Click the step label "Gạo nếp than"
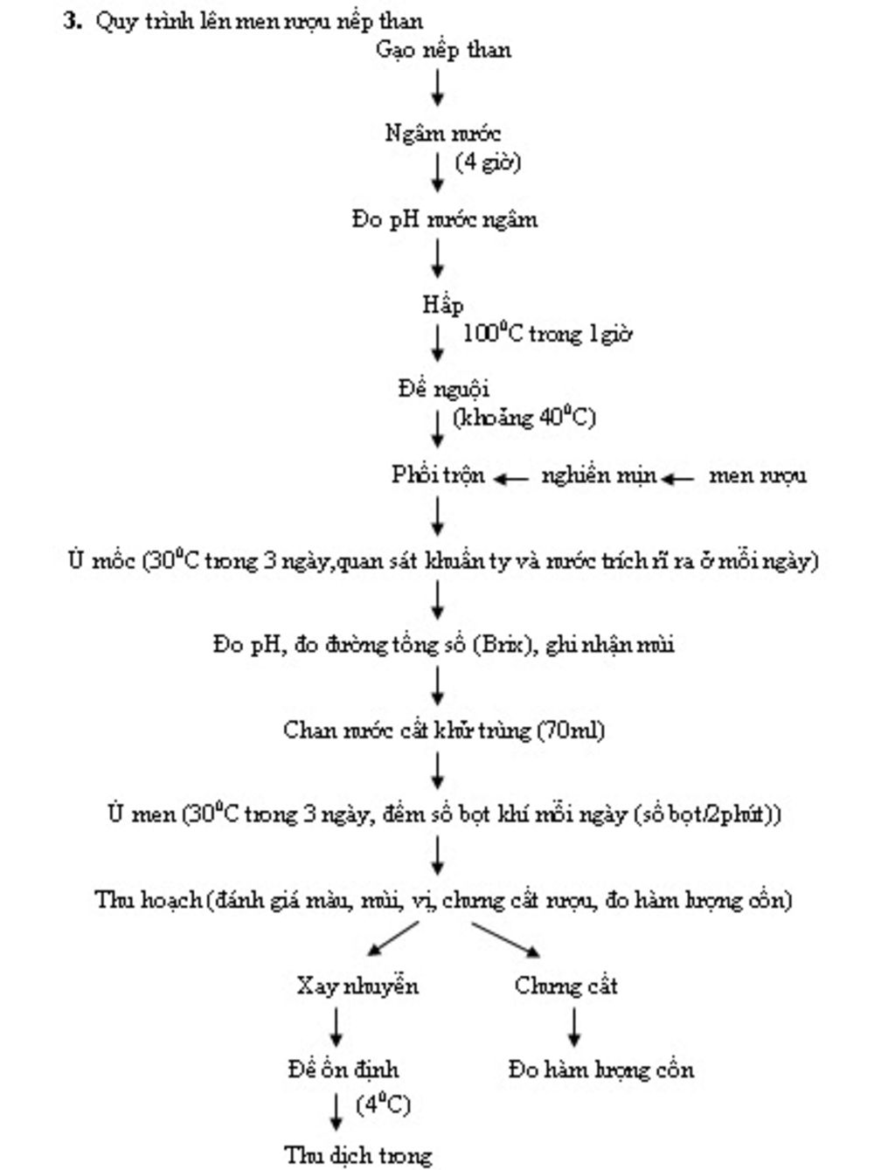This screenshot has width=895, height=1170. point(443,50)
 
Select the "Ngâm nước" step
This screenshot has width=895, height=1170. point(442,134)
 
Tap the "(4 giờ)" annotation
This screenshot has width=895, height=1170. point(488,163)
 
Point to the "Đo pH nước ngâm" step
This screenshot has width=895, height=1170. point(445,219)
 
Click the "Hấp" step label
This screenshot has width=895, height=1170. point(442,305)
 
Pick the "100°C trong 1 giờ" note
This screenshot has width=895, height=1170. point(547,334)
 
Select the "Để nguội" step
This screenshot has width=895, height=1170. point(443,389)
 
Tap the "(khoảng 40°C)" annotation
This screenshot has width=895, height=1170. point(524,418)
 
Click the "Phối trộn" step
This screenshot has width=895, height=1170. point(438,475)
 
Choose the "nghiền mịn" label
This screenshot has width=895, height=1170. point(599,475)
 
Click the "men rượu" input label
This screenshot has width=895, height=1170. point(757,475)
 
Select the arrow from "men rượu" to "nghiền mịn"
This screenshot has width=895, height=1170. point(678,478)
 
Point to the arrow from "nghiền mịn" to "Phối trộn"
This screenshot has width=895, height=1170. point(511,478)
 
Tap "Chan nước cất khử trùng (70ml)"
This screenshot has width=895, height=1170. point(444,730)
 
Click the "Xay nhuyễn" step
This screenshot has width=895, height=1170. point(357,987)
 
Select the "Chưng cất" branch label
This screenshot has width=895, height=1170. point(565,987)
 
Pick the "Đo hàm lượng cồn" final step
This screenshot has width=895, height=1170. point(601,1070)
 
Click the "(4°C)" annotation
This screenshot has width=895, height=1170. point(383,1104)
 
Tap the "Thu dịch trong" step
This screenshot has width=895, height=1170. point(358,1155)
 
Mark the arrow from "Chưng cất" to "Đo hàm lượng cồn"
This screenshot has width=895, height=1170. point(573,1028)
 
